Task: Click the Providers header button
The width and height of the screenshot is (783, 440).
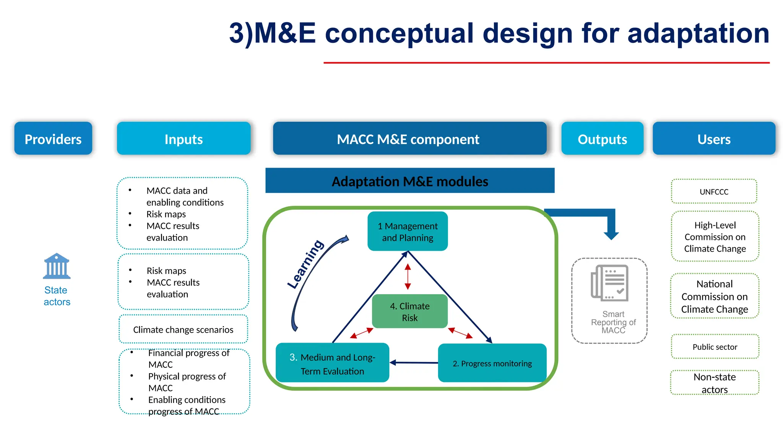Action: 53,139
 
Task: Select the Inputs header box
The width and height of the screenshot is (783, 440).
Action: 184,139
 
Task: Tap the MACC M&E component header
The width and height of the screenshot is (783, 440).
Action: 409,139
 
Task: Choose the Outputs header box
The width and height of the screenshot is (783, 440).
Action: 602,139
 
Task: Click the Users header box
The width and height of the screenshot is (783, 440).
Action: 714,139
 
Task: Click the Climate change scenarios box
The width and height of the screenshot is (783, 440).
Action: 183,329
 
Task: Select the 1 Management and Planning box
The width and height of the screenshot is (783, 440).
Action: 408,231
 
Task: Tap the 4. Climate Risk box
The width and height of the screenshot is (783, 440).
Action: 409,311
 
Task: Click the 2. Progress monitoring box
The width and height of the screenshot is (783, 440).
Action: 492,363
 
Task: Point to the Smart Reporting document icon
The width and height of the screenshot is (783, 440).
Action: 609,283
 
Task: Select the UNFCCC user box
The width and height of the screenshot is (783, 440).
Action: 714,191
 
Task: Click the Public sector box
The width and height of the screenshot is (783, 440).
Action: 715,346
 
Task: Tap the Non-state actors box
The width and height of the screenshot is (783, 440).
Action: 715,383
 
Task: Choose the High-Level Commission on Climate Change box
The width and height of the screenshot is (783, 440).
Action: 715,236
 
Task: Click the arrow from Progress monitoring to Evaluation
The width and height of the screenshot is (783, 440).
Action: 414,362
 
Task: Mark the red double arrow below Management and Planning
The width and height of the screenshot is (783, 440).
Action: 408,276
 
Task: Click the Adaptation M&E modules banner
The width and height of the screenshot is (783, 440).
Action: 410,181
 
